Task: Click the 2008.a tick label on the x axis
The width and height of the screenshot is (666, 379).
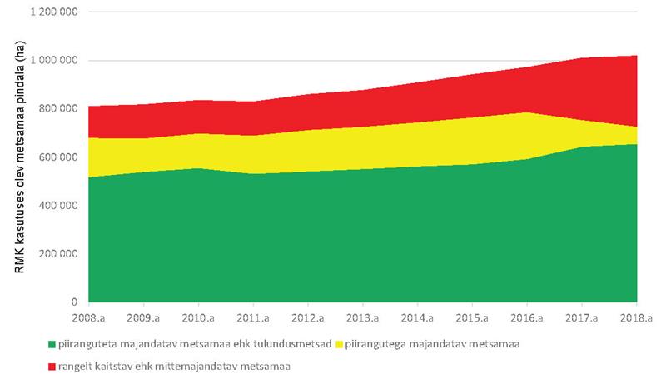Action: pyautogui.click(x=89, y=317)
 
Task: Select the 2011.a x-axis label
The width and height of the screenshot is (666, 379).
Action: pyautogui.click(x=253, y=317)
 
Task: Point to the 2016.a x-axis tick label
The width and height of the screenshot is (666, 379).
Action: pyautogui.click(x=528, y=317)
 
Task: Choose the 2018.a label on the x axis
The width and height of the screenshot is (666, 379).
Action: pyautogui.click(x=637, y=317)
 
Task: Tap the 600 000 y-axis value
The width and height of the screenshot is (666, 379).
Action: pyautogui.click(x=59, y=157)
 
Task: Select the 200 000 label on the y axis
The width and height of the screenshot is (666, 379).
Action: pyautogui.click(x=59, y=254)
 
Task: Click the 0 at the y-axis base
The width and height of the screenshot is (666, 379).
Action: pyautogui.click(x=74, y=302)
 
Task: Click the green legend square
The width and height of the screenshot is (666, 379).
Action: pyautogui.click(x=51, y=343)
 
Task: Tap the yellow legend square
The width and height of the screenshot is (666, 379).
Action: pyautogui.click(x=337, y=343)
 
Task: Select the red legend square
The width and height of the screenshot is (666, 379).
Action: pyautogui.click(x=51, y=365)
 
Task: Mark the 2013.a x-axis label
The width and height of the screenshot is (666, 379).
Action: pyautogui.click(x=363, y=317)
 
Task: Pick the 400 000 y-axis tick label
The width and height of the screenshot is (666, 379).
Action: pyautogui.click(x=59, y=206)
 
